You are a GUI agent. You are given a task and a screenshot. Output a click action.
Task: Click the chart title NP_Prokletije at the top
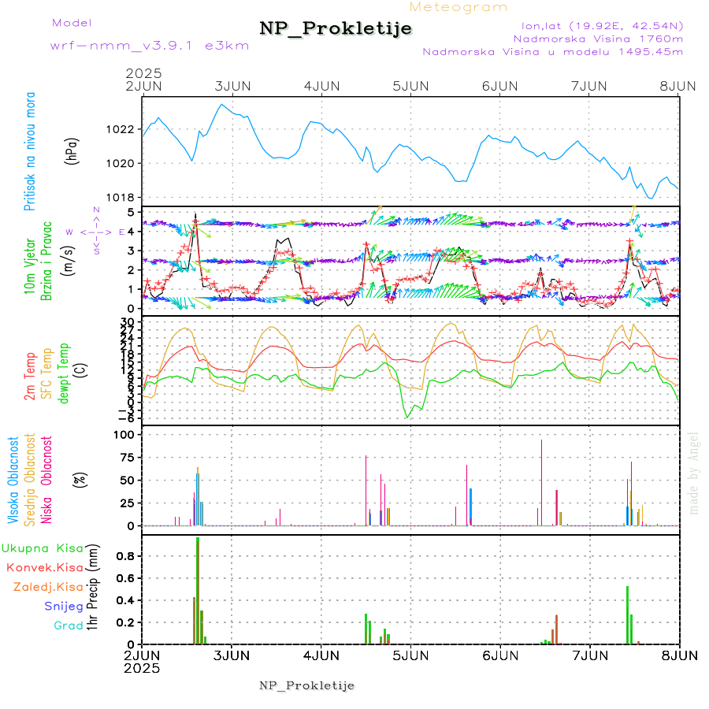[336, 29]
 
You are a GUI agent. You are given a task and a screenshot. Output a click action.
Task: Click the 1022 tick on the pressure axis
[126, 129]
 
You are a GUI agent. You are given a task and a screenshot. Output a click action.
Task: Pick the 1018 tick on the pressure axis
[126, 198]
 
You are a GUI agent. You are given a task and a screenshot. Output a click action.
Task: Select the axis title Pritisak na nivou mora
[31, 154]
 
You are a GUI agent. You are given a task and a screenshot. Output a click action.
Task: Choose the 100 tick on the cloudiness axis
[126, 435]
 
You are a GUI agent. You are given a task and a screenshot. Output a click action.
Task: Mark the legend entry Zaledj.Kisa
[48, 587]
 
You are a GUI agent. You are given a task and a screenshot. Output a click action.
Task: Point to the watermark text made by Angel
[694, 473]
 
